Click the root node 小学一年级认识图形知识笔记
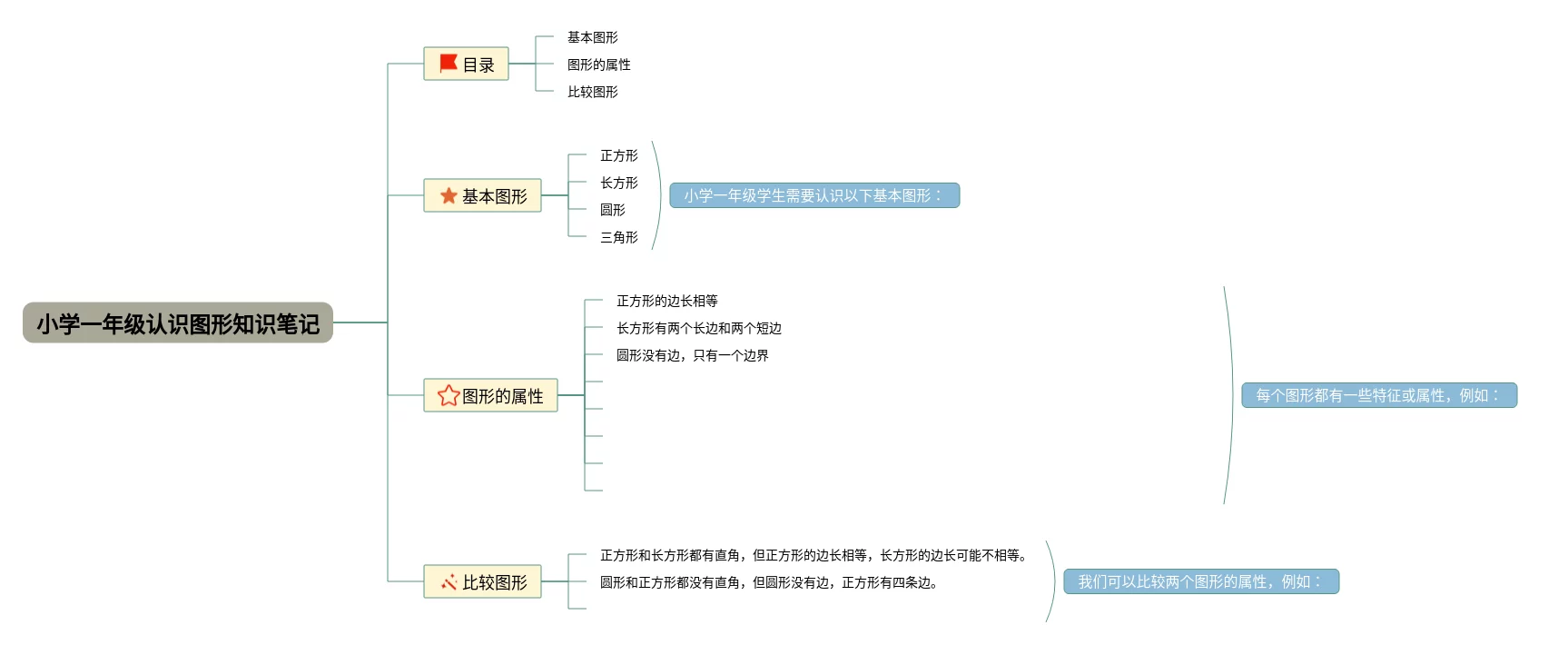pos(178,323)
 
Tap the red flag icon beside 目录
pos(448,64)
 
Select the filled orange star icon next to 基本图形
pos(449,196)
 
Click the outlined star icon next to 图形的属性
pos(449,396)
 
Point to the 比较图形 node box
pos(482,582)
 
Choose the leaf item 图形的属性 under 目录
pos(598,64)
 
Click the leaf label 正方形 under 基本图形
pos(618,156)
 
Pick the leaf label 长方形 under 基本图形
pos(618,184)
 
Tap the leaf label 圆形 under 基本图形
pos(613,210)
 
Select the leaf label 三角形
pos(618,238)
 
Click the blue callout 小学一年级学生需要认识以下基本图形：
pos(814,195)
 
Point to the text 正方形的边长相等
pos(666,301)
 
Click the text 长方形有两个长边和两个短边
pos(698,328)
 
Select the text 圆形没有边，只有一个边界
pos(692,355)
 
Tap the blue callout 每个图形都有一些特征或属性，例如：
pos(1378,395)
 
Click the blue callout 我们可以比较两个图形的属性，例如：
pos(1200,581)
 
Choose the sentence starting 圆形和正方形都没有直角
pos(768,582)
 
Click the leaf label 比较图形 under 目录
pos(592,92)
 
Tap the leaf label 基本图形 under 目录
pos(592,37)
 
